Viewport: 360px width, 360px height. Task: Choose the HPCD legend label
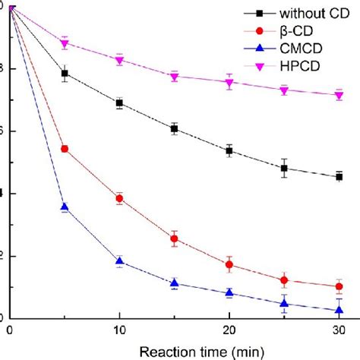[x=295, y=67]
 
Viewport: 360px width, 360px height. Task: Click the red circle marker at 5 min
[x=65, y=149]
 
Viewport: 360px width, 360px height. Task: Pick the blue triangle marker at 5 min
[x=65, y=207]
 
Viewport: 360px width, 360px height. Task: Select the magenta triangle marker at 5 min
[x=65, y=43]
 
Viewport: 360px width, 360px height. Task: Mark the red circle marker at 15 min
[x=174, y=238]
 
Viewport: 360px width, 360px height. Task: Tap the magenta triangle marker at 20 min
[x=229, y=83]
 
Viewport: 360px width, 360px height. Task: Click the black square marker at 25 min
[x=284, y=169]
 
